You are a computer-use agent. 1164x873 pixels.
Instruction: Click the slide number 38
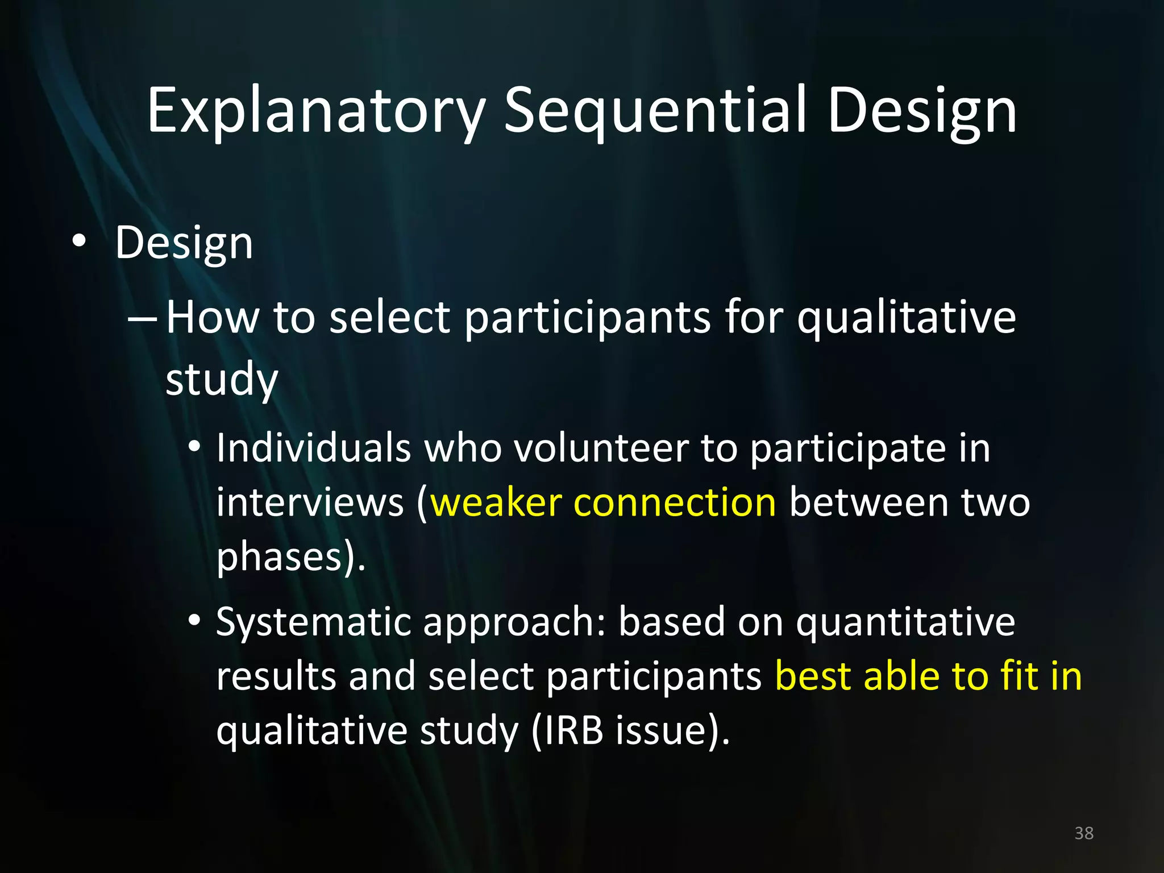tap(1083, 833)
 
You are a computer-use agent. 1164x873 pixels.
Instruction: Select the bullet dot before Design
tap(79, 242)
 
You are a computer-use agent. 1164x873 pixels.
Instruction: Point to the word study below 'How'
tap(222, 380)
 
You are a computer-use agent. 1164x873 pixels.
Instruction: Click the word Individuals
tap(314, 448)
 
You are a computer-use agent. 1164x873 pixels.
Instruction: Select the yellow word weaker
tap(496, 503)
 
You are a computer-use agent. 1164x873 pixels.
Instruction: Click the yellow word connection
tap(675, 503)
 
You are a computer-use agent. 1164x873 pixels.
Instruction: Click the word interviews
tap(310, 503)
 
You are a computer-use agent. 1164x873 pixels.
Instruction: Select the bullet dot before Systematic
tap(194, 621)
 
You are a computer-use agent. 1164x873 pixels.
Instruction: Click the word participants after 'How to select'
tap(587, 319)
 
